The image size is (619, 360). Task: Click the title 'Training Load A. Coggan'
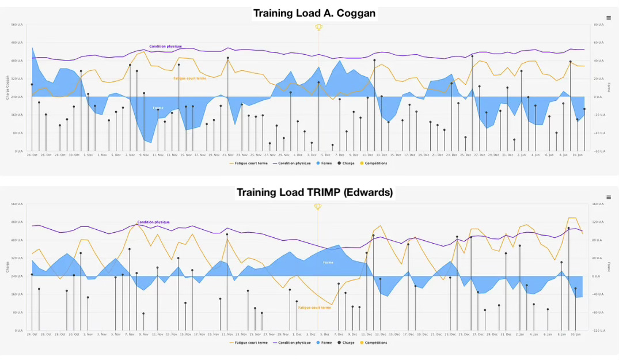click(x=314, y=13)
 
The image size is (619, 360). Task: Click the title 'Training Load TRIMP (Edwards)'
click(x=314, y=192)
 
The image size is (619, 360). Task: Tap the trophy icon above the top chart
click(x=318, y=27)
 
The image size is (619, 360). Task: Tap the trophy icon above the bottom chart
click(x=317, y=207)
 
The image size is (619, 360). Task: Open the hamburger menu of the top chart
click(x=609, y=18)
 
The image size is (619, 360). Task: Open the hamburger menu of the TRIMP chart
click(x=609, y=197)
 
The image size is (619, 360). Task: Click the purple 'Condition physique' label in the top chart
click(x=165, y=46)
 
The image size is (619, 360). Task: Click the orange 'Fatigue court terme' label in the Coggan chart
click(x=189, y=78)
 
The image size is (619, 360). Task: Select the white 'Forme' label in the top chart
click(x=157, y=108)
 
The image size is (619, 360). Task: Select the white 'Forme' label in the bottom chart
click(x=328, y=262)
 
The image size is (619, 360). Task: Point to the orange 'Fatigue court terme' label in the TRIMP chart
click(x=314, y=307)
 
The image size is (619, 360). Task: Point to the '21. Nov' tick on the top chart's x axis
click(x=227, y=155)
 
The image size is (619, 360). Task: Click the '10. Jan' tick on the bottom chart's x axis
click(x=577, y=334)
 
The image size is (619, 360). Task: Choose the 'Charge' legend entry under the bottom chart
click(x=348, y=343)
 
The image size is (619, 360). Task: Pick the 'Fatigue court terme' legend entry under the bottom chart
click(x=250, y=343)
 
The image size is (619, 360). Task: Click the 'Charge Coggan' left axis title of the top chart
click(x=7, y=88)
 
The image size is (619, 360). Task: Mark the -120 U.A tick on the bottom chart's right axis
click(x=598, y=331)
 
